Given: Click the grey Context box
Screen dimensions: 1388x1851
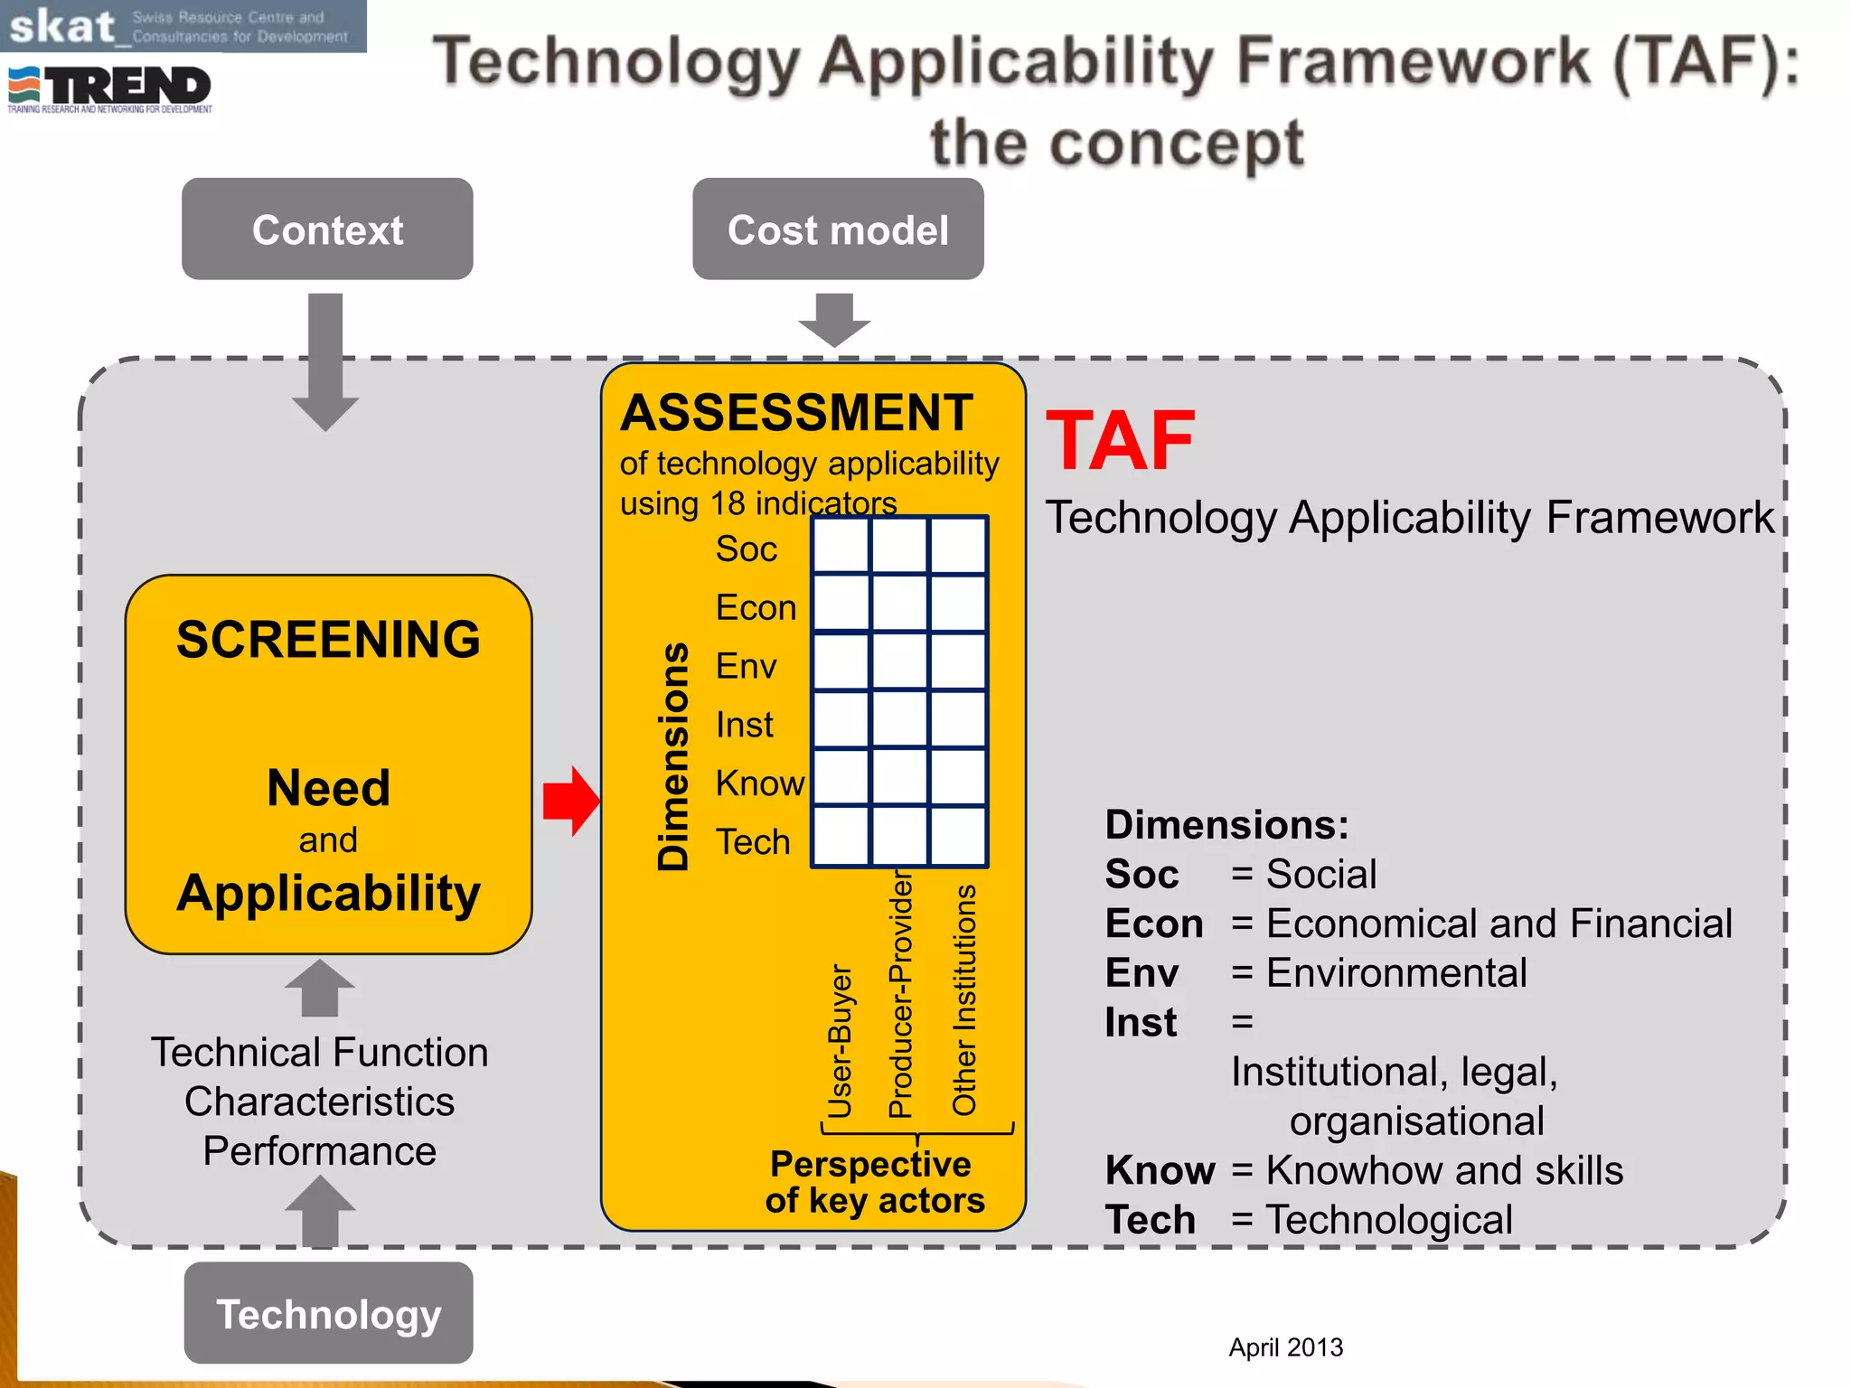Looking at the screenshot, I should click(x=327, y=230).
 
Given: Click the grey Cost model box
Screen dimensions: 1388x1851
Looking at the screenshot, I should click(x=838, y=230).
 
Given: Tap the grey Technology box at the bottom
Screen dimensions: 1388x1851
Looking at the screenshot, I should click(x=328, y=1313).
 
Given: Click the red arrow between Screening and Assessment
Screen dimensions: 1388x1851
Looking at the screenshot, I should click(x=571, y=801).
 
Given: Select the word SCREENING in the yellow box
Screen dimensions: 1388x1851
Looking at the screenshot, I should click(x=328, y=640).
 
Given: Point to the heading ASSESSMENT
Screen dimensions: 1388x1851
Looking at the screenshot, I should click(x=796, y=413).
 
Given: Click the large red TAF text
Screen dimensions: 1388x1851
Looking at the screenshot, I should click(x=1121, y=441).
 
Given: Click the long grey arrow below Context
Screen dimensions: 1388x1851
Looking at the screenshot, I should click(x=325, y=361).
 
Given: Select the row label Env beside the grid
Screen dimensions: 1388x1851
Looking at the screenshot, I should click(x=746, y=667).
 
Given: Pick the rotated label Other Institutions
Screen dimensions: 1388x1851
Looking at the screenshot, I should click(x=964, y=999).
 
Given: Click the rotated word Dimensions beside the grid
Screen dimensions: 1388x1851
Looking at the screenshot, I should click(x=673, y=756).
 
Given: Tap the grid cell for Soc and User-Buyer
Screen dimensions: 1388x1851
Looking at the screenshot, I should click(x=841, y=546).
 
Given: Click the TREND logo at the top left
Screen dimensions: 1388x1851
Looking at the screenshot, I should click(x=109, y=89).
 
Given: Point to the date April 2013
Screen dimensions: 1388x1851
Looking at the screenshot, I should click(x=1285, y=1347).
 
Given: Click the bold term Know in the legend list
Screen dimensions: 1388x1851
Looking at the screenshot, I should click(x=1160, y=1170).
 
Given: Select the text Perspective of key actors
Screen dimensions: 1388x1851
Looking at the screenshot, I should click(x=873, y=1182).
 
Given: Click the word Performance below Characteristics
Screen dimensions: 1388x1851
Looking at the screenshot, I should click(x=320, y=1151).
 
